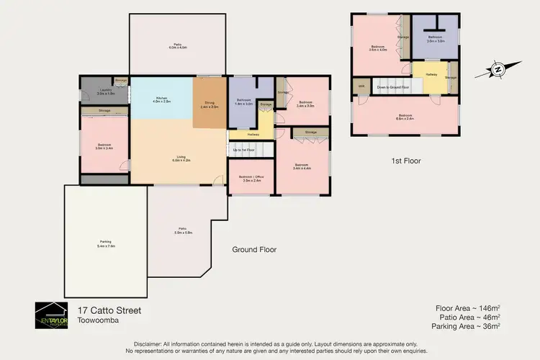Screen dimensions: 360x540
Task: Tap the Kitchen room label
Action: [161, 100]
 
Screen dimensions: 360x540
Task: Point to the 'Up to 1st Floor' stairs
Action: [245, 150]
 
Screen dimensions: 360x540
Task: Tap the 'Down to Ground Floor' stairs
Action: [392, 86]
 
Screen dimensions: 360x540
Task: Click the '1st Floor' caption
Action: [406, 161]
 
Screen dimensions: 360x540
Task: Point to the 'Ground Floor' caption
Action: [254, 250]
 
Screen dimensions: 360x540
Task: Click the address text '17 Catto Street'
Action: [109, 310]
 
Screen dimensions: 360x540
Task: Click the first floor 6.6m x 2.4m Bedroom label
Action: [405, 116]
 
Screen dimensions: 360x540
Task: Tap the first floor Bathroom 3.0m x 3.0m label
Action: [435, 40]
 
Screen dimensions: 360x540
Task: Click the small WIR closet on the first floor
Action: [359, 86]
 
